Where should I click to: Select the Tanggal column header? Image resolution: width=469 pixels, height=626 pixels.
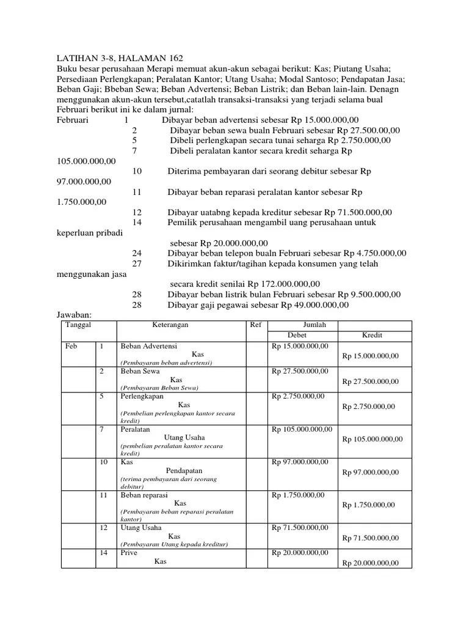point(78,325)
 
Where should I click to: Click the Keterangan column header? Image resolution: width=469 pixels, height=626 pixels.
point(170,325)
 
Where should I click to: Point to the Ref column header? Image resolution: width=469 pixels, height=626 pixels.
point(256,325)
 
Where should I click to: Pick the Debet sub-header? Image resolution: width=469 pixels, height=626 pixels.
point(297,336)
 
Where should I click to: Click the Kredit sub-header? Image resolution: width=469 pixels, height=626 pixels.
point(373,336)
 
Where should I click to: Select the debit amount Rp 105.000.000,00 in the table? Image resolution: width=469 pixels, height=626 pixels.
point(302,429)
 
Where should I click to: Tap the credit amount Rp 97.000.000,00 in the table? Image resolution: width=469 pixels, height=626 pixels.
point(371,472)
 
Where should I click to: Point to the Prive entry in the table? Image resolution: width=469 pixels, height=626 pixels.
point(129,553)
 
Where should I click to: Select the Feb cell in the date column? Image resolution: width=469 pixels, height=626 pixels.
point(71,346)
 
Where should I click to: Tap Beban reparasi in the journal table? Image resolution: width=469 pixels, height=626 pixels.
point(144,495)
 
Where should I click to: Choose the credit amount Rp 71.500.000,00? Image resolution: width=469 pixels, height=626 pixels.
point(371,538)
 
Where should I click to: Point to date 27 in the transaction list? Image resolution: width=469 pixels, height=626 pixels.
point(136,263)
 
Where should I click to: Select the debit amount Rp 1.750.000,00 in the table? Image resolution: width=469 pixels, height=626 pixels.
point(299,495)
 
